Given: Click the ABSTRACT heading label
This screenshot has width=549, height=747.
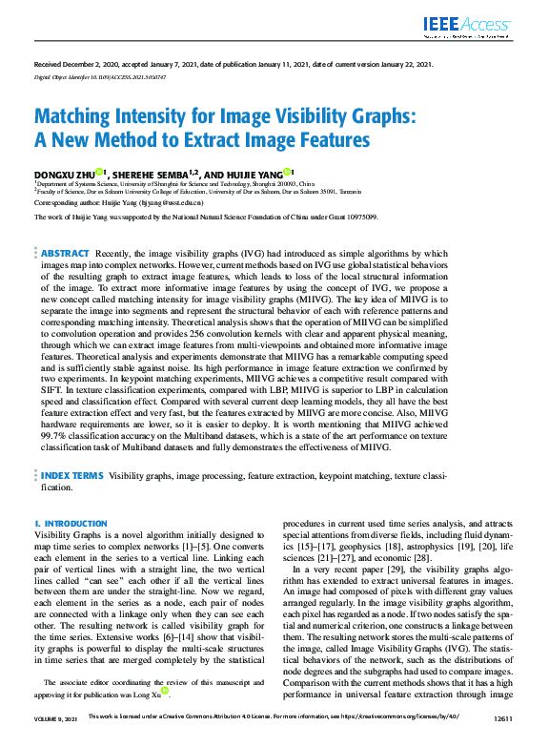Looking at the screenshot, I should pos(66,253).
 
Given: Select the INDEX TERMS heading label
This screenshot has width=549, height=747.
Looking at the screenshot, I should pos(72,474).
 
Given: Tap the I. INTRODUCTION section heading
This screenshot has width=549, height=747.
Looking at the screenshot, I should pos(71,524).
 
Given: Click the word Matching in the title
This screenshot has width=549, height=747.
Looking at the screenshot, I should pos(91,117).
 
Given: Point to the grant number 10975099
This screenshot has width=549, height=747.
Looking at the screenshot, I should pos(358,217).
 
